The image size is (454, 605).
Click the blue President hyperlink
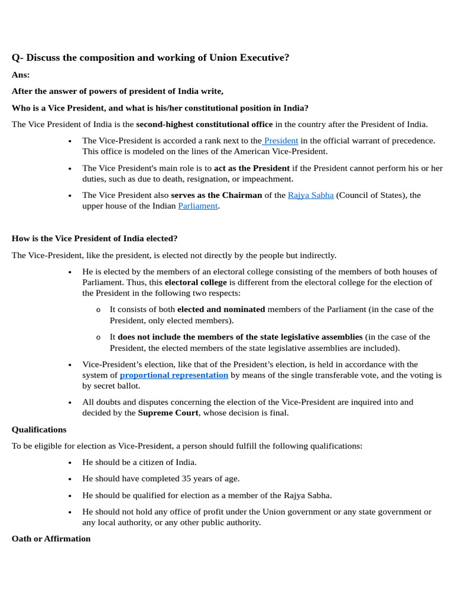click(281, 141)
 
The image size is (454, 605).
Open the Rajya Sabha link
click(310, 195)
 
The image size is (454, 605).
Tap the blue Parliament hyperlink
click(198, 206)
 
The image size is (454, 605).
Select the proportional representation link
click(174, 375)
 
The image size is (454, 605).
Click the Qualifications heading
click(39, 430)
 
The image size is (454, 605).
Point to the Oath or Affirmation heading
click(51, 539)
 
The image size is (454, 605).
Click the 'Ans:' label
click(21, 75)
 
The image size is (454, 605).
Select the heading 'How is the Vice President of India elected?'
click(95, 239)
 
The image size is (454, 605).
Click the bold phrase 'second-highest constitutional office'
click(204, 124)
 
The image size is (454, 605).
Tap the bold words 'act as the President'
click(252, 168)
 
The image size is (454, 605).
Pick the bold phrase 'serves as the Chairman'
click(216, 195)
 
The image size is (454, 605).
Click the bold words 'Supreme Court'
click(168, 412)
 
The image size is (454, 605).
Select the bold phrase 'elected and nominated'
click(221, 309)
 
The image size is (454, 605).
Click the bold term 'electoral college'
click(196, 282)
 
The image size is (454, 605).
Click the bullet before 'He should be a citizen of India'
click(70, 463)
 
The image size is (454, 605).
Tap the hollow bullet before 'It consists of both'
click(98, 310)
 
